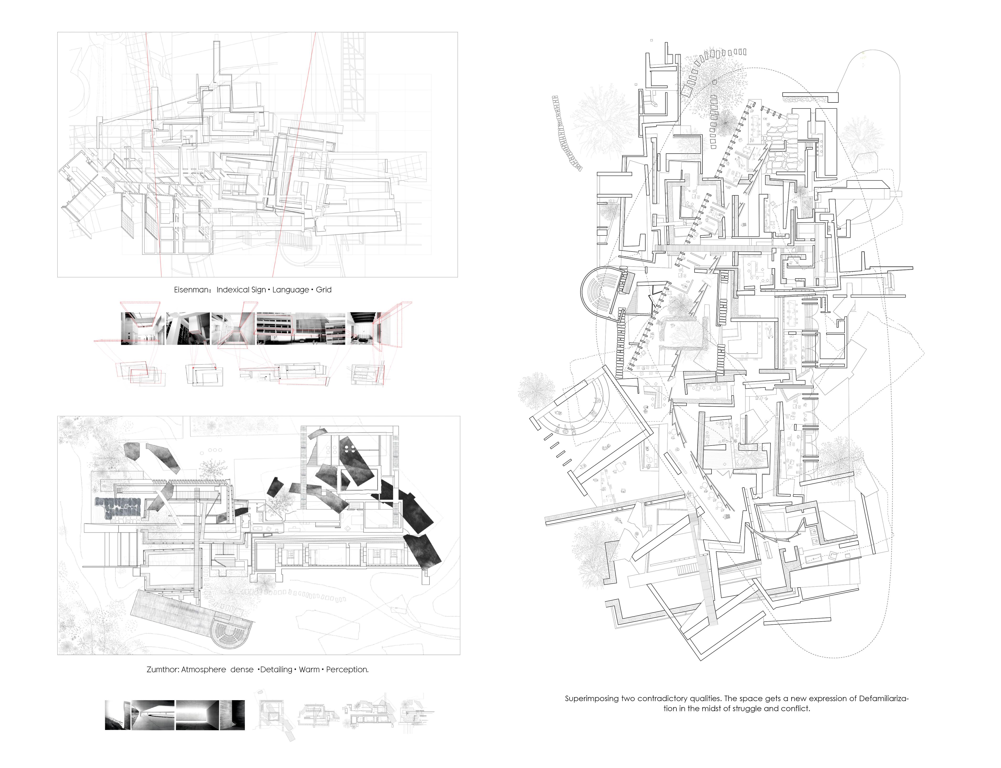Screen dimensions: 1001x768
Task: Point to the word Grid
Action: [324, 290]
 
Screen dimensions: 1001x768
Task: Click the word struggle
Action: [747, 709]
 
